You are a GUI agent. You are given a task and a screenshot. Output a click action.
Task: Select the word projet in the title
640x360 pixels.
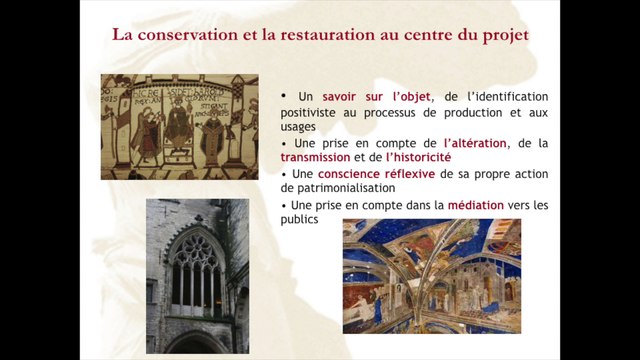point(504,36)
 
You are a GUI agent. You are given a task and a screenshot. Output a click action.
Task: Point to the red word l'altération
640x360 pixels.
point(475,143)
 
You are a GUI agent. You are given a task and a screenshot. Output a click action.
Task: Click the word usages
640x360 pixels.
point(298,127)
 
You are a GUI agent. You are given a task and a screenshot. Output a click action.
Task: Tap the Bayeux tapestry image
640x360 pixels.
point(179,126)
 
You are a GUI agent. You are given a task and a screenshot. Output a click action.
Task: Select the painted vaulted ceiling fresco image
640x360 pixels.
point(431,276)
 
